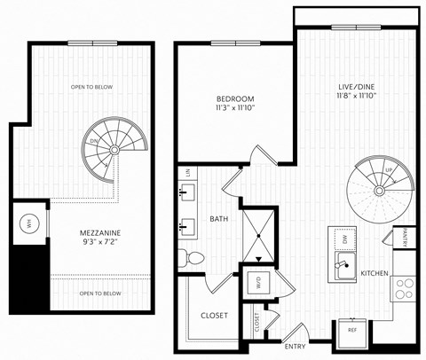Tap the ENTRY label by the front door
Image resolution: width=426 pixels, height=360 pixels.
[x=296, y=345]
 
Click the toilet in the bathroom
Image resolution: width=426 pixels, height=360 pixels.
[x=185, y=257]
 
